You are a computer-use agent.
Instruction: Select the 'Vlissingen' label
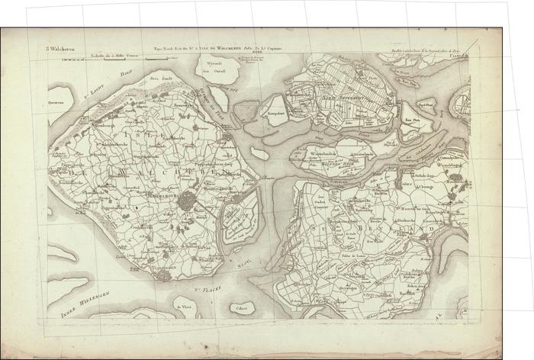point(162,268)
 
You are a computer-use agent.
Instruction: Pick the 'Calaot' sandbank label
point(242,309)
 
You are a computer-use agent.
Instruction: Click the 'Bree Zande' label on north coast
point(159,78)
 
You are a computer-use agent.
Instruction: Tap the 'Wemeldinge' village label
point(452,163)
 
